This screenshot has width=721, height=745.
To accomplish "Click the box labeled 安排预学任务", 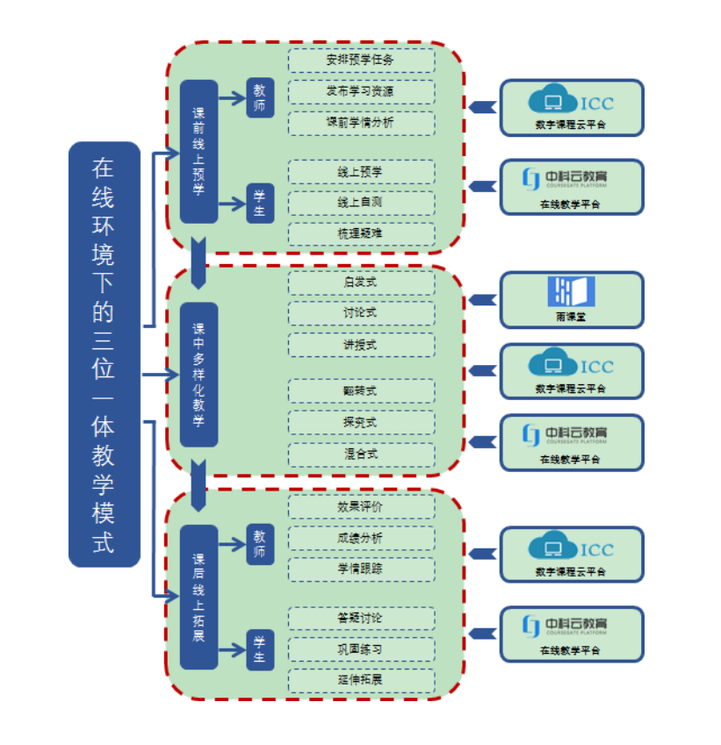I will point(361,61).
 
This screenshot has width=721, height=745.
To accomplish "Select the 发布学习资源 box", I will point(361,91).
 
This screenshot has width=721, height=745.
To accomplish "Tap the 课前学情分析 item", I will point(361,123).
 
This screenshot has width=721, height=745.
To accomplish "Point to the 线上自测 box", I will point(361,203).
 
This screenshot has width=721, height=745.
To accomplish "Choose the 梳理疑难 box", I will point(361,233).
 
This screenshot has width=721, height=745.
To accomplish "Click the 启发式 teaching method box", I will point(361,283).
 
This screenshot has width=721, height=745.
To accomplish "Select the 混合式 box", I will point(361,455).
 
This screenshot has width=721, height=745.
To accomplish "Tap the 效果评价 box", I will point(361,506).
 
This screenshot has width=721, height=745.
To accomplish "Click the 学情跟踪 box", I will point(361,569).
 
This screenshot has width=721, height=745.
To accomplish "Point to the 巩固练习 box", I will point(361,649).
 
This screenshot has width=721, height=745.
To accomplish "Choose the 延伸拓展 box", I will point(361,680).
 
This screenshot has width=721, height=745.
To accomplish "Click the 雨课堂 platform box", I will point(572,298).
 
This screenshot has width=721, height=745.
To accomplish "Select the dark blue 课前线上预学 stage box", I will point(198,152).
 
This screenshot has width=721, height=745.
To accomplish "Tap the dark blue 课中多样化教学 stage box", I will point(198,375).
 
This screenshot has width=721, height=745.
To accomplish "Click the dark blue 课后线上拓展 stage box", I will point(198,597).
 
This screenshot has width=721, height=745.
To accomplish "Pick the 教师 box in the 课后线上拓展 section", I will point(260,544).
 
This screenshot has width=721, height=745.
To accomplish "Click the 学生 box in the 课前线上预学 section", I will point(260,204).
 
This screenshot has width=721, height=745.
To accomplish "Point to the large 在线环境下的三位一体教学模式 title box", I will point(104,354).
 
